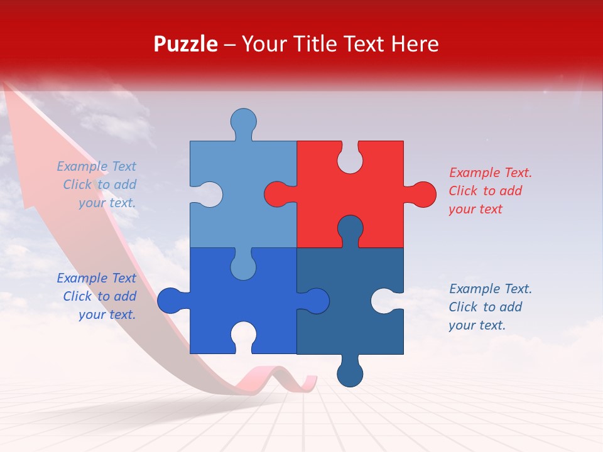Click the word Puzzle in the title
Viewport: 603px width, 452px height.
tap(185, 45)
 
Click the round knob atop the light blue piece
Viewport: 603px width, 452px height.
tap(244, 121)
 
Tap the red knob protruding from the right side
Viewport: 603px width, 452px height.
tap(422, 194)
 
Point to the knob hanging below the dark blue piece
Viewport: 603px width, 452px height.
tap(350, 374)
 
